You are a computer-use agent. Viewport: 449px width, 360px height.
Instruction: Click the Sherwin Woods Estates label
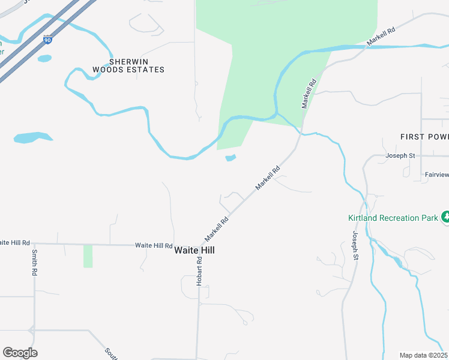128,65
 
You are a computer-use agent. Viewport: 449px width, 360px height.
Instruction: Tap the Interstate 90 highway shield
47,39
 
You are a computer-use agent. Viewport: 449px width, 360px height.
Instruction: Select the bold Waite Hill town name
194,250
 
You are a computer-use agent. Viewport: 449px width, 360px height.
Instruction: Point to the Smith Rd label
35,262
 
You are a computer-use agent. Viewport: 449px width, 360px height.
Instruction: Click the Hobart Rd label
199,272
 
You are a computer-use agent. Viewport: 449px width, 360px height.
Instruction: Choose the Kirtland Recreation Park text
393,218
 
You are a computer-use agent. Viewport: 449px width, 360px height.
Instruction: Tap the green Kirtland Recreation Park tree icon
445,217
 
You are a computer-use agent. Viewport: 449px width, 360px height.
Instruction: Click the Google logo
20,353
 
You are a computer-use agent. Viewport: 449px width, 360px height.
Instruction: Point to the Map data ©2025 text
424,355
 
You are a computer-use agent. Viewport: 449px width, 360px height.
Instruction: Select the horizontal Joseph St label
400,155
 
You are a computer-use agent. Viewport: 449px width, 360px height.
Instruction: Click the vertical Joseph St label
355,245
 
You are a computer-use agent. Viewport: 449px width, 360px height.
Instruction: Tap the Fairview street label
436,175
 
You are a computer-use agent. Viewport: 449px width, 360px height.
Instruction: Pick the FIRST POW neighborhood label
424,137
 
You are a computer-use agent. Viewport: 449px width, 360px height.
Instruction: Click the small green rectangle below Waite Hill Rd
88,256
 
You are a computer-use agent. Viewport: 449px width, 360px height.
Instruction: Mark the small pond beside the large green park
231,158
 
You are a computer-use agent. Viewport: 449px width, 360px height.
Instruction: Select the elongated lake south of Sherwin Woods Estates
33,137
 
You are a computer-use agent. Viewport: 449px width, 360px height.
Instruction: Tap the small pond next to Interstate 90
44,58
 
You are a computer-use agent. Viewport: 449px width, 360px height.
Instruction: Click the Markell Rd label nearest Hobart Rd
217,226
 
